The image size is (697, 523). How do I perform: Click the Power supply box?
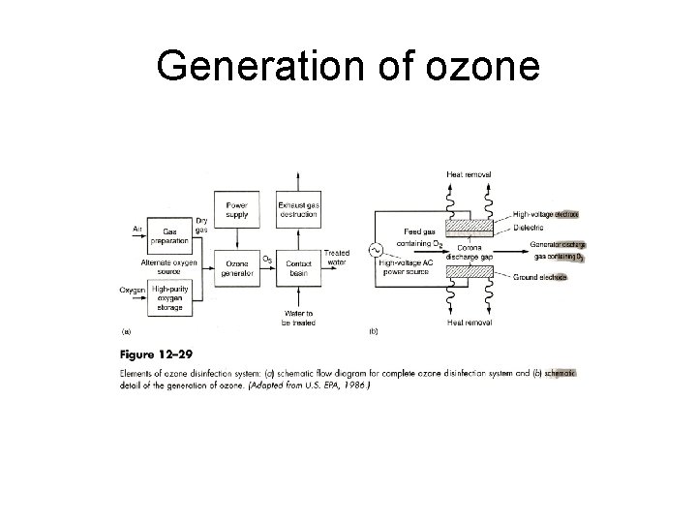[x=237, y=210]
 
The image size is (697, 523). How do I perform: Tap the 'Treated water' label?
[x=337, y=257]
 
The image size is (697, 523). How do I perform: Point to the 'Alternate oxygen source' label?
[x=170, y=266]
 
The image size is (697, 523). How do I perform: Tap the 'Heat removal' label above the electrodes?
[x=469, y=174]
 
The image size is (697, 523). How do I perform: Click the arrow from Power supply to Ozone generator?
[x=237, y=240]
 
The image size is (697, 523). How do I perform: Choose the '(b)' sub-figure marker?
[x=373, y=331]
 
